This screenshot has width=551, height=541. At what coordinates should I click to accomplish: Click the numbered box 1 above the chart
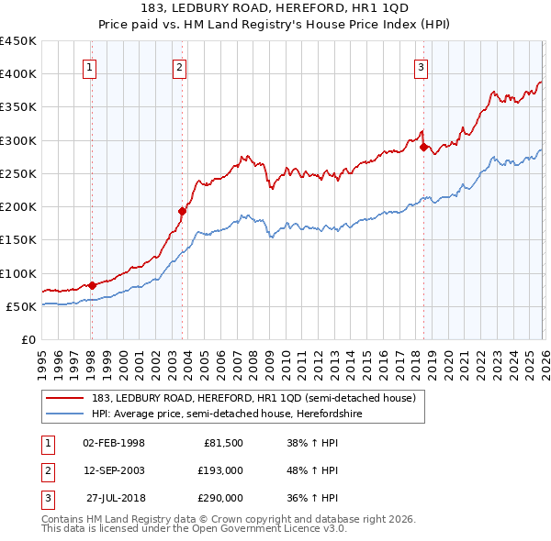[x=91, y=67]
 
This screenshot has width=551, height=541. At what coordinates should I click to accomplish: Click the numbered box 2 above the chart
[x=180, y=67]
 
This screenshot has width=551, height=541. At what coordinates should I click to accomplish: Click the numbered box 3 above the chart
[x=422, y=67]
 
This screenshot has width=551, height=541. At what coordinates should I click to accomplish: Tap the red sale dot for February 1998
[x=92, y=285]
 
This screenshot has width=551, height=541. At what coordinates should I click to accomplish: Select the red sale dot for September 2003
[x=183, y=211]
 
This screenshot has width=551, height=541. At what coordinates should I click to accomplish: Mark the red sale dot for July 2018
[x=423, y=147]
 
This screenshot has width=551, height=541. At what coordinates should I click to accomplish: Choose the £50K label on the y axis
[x=22, y=306]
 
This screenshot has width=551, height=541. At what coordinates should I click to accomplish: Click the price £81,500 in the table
[x=222, y=443]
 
